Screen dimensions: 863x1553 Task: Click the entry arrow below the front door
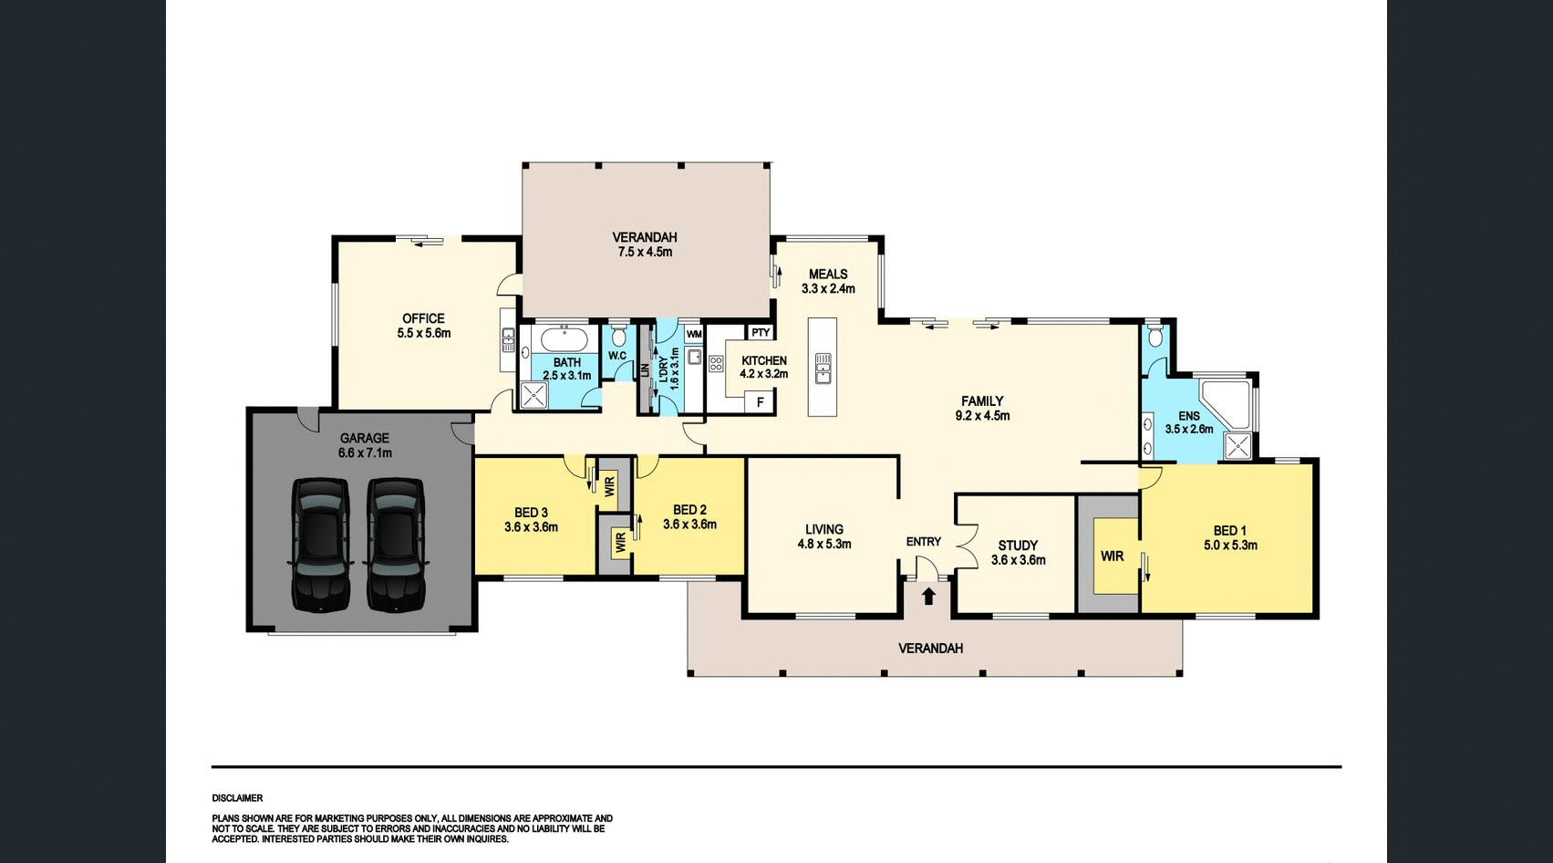928,597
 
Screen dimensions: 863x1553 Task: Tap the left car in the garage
320,544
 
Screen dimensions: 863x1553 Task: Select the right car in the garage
396,544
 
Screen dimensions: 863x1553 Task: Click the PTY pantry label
761,333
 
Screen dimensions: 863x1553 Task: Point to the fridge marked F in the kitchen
760,401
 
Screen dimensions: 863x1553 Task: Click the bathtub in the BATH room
564,340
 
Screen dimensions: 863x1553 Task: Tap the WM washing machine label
694,334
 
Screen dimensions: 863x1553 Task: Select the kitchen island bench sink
823,368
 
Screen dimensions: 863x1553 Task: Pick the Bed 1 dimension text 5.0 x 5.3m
1230,546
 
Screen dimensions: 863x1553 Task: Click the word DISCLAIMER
237,798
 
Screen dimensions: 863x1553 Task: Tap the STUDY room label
1018,546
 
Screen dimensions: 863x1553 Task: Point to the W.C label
617,356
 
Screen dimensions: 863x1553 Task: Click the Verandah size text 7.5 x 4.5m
645,252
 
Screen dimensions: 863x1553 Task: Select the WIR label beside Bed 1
1112,556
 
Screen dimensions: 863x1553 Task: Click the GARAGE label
365,438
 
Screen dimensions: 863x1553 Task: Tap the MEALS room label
828,274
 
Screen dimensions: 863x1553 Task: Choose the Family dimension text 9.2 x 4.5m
982,416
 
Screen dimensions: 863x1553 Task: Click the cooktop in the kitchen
716,365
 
